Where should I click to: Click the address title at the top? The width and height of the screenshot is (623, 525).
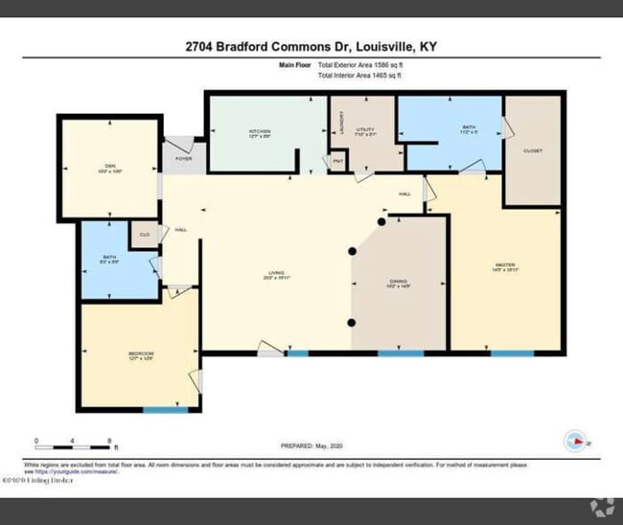tap(311, 46)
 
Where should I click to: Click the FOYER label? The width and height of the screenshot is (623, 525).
tap(183, 159)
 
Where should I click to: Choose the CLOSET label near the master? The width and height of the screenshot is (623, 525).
tap(532, 151)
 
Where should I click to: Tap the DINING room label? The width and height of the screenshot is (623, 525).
tap(399, 282)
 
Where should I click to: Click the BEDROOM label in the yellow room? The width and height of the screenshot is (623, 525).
tap(141, 354)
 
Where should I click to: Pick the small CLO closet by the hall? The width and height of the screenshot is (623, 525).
tap(145, 234)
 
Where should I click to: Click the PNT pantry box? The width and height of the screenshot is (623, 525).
tap(337, 161)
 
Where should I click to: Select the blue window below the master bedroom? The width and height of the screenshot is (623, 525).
tap(512, 354)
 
